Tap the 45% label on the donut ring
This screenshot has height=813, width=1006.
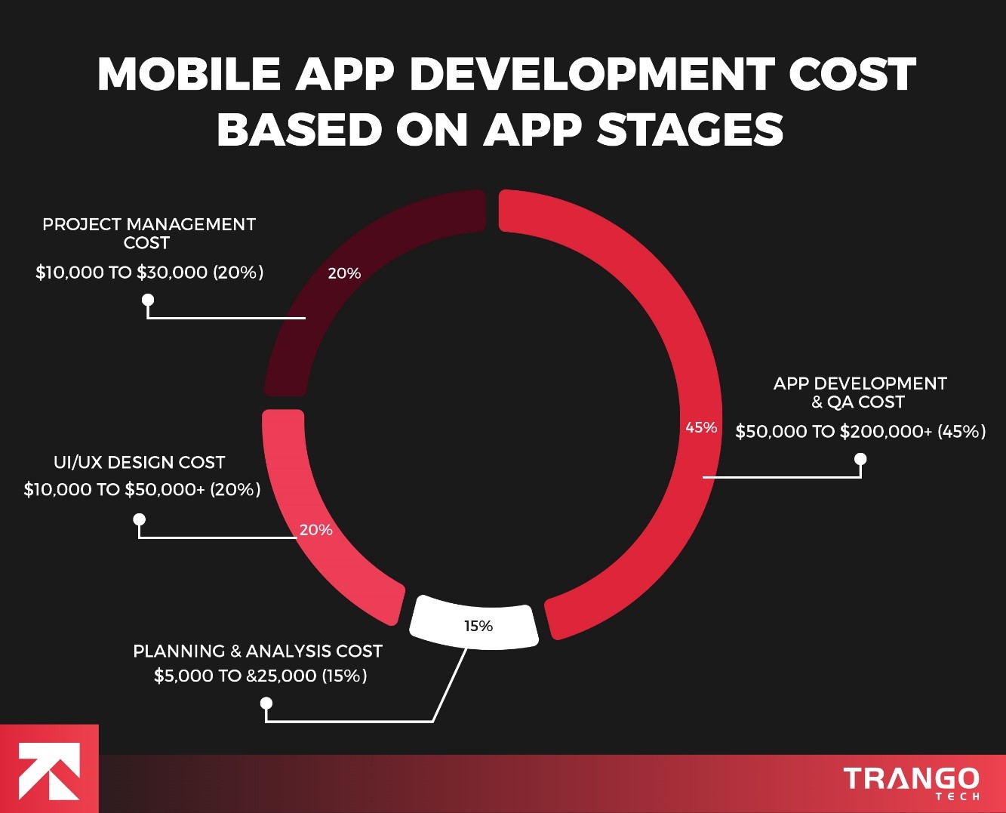(701, 427)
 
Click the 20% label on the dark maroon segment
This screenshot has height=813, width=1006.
(344, 273)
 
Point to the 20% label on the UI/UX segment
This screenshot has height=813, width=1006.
(315, 530)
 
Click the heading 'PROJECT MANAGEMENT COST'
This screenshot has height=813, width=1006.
(149, 233)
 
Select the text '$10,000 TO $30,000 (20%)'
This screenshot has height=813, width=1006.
(149, 273)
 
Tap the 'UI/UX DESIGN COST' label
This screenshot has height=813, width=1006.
(139, 462)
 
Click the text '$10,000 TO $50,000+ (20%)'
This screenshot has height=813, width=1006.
(142, 489)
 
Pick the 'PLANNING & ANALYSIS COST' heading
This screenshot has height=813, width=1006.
(257, 651)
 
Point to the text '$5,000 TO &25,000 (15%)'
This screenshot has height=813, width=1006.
(260, 676)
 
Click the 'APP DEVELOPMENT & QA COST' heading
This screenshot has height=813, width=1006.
(860, 393)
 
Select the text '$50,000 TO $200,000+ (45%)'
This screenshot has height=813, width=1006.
(860, 432)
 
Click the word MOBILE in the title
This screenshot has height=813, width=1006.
(189, 75)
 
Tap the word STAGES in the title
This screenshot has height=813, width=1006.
(690, 130)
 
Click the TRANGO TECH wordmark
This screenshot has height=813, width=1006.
(912, 781)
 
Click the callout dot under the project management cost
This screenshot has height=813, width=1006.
(148, 300)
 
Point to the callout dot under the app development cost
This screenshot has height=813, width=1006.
(860, 459)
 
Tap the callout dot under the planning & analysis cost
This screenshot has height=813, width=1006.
(266, 704)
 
